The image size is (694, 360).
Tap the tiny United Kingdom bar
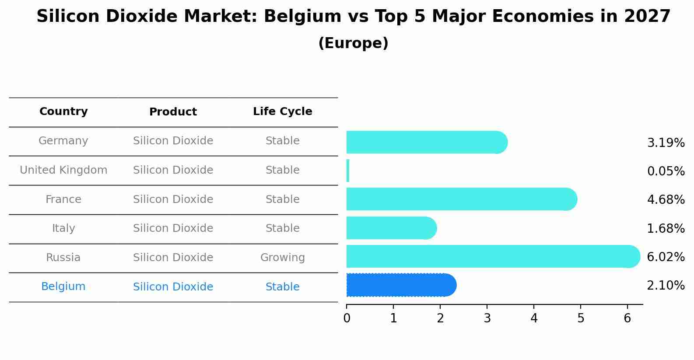tap(348, 171)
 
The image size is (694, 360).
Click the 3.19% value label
tap(666, 143)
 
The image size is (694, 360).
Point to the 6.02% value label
tap(666, 257)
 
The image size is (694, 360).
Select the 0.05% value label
tap(666, 171)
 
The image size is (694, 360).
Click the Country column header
tap(63, 112)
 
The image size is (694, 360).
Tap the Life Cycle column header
tap(282, 112)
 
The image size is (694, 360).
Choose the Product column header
tap(173, 112)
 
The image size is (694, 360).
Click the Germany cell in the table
tap(63, 141)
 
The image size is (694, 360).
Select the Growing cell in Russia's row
tap(282, 258)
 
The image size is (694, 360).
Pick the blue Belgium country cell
tap(63, 287)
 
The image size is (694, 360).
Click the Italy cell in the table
tap(63, 228)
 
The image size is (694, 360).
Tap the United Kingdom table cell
tap(63, 170)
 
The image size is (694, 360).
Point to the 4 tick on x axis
tap(534, 318)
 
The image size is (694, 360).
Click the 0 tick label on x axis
tap(347, 318)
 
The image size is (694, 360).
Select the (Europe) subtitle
tap(353, 43)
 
